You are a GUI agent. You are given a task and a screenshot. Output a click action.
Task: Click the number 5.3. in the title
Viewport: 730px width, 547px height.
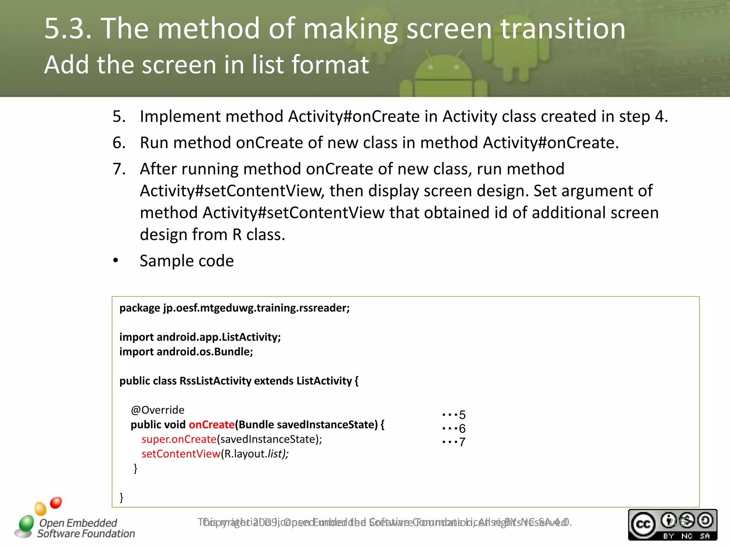point(68,28)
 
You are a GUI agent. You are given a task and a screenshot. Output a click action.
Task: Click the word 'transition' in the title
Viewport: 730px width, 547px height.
point(563,28)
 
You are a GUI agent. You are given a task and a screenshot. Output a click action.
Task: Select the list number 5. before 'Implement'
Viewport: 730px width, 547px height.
point(119,116)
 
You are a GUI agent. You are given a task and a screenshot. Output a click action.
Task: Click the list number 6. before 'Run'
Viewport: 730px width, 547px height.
point(119,143)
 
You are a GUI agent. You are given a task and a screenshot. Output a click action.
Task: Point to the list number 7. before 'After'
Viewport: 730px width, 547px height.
point(119,169)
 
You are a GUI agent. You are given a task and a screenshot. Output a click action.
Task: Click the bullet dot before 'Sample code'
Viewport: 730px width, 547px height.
point(115,261)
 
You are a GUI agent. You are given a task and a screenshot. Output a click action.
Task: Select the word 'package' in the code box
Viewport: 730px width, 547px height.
point(139,308)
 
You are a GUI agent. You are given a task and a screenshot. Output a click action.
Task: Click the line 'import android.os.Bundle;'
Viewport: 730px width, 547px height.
point(186,352)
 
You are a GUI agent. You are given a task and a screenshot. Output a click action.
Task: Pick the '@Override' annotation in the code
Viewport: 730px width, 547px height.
point(158,410)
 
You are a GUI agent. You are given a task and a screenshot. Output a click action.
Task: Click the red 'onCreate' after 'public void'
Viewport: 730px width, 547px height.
point(211,424)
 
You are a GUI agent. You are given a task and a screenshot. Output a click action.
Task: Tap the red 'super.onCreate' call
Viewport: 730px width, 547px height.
point(179,439)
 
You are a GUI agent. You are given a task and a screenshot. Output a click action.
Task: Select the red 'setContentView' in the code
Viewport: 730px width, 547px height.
point(181,454)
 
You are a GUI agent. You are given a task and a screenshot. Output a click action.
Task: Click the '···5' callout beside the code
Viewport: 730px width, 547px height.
point(453,415)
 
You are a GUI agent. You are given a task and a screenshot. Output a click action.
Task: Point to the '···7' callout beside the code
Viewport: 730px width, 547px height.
point(453,442)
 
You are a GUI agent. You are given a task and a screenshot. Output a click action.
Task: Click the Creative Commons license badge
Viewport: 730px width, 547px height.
point(672,525)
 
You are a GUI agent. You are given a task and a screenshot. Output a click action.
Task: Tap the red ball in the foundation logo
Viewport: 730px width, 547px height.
point(56,502)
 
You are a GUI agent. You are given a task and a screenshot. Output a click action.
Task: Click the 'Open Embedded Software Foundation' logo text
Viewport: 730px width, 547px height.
point(86,528)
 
